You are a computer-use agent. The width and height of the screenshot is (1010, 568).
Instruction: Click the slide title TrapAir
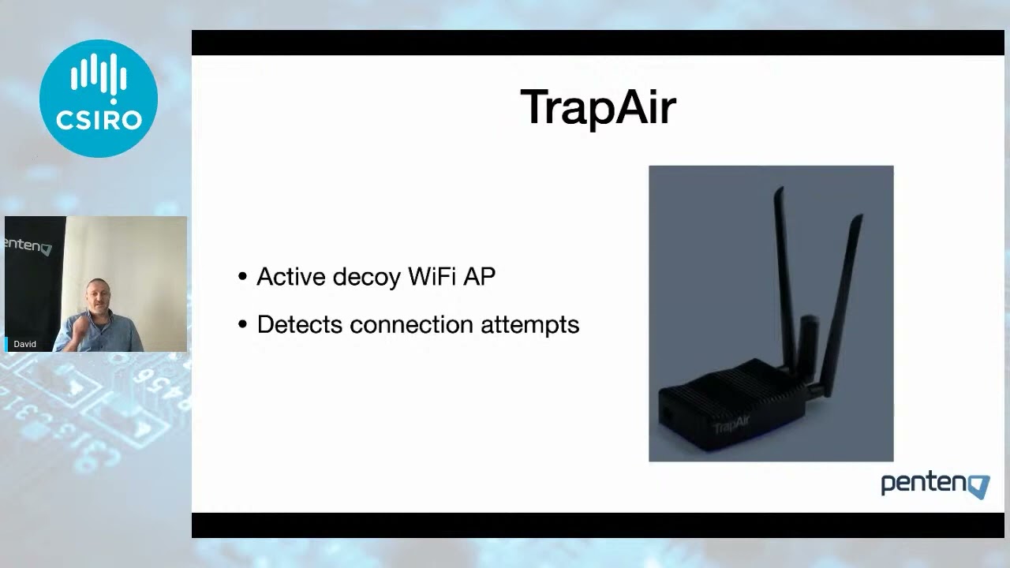pos(598,107)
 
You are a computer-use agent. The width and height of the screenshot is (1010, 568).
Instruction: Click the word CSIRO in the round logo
pos(99,121)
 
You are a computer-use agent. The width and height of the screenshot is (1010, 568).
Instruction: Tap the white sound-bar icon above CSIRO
pos(99,77)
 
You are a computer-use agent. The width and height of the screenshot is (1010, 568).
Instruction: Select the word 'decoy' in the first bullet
pos(367,277)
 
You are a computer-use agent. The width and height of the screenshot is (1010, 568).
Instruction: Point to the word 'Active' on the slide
pos(291,276)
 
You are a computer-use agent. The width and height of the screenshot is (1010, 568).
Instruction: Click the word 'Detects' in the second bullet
pos(300,324)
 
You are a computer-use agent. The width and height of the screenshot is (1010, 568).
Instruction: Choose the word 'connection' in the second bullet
pos(411,324)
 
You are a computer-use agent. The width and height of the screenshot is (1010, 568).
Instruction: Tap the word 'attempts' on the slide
pos(529,325)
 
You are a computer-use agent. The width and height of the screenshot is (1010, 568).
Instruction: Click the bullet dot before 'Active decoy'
pos(242,276)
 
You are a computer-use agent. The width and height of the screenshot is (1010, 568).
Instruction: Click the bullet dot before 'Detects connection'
pos(242,324)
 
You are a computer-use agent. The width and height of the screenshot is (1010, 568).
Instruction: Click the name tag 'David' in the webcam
pos(24,344)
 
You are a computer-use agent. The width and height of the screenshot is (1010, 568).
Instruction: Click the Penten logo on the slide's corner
pos(935,486)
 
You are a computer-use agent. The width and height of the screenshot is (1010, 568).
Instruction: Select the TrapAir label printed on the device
pos(731,424)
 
